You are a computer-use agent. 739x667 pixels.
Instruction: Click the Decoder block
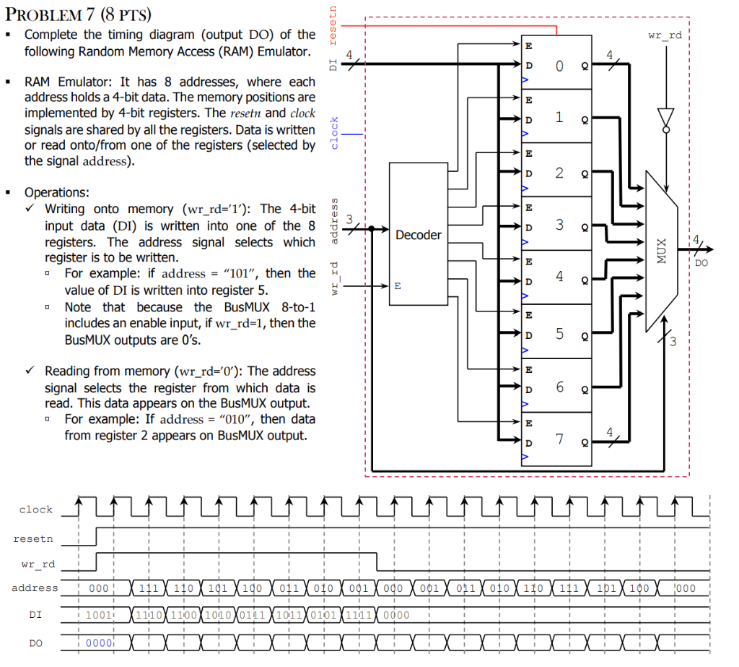point(418,235)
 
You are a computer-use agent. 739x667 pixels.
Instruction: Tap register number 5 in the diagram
point(559,333)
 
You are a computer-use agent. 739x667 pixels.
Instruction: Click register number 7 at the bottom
point(559,439)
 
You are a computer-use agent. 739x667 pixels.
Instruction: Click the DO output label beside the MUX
point(701,264)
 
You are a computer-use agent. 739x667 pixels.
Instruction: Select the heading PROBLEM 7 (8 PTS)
point(84,16)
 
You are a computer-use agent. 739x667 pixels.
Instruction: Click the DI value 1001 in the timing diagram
point(98,616)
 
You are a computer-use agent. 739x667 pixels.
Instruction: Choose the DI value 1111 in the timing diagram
point(357,616)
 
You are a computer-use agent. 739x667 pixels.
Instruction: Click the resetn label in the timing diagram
point(33,539)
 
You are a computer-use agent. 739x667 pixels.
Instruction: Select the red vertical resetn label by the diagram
point(333,22)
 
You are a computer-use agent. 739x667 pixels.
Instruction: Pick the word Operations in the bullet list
point(57,192)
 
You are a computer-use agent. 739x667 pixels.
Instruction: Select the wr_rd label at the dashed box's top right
point(665,35)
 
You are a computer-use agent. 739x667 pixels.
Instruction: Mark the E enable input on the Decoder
point(396,286)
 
